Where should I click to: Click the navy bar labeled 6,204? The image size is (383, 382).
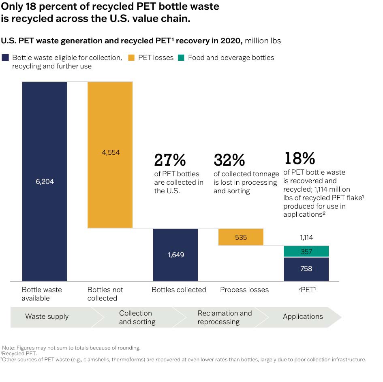(44, 181)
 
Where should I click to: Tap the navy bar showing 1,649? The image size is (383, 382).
(175, 255)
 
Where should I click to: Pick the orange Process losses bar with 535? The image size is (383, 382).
(241, 237)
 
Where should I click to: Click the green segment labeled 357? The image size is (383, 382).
(306, 252)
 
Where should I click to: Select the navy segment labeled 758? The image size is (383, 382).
(306, 269)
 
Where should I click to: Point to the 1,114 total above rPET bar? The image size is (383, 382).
(306, 238)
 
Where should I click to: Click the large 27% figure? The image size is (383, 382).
(170, 160)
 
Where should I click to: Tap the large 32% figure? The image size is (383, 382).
(229, 160)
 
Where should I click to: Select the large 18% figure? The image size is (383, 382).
(300, 158)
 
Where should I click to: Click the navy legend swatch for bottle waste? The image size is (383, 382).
(6, 58)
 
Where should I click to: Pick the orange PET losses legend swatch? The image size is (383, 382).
(132, 58)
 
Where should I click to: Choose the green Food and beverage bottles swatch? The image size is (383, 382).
(181, 58)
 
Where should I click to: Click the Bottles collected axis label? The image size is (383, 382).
(179, 290)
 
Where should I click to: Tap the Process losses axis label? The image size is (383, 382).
(244, 290)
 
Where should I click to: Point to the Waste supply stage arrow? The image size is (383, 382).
(47, 316)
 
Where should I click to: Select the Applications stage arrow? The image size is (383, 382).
(303, 316)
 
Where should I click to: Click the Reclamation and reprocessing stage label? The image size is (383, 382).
(225, 317)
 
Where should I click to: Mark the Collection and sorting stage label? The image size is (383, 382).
(137, 317)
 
